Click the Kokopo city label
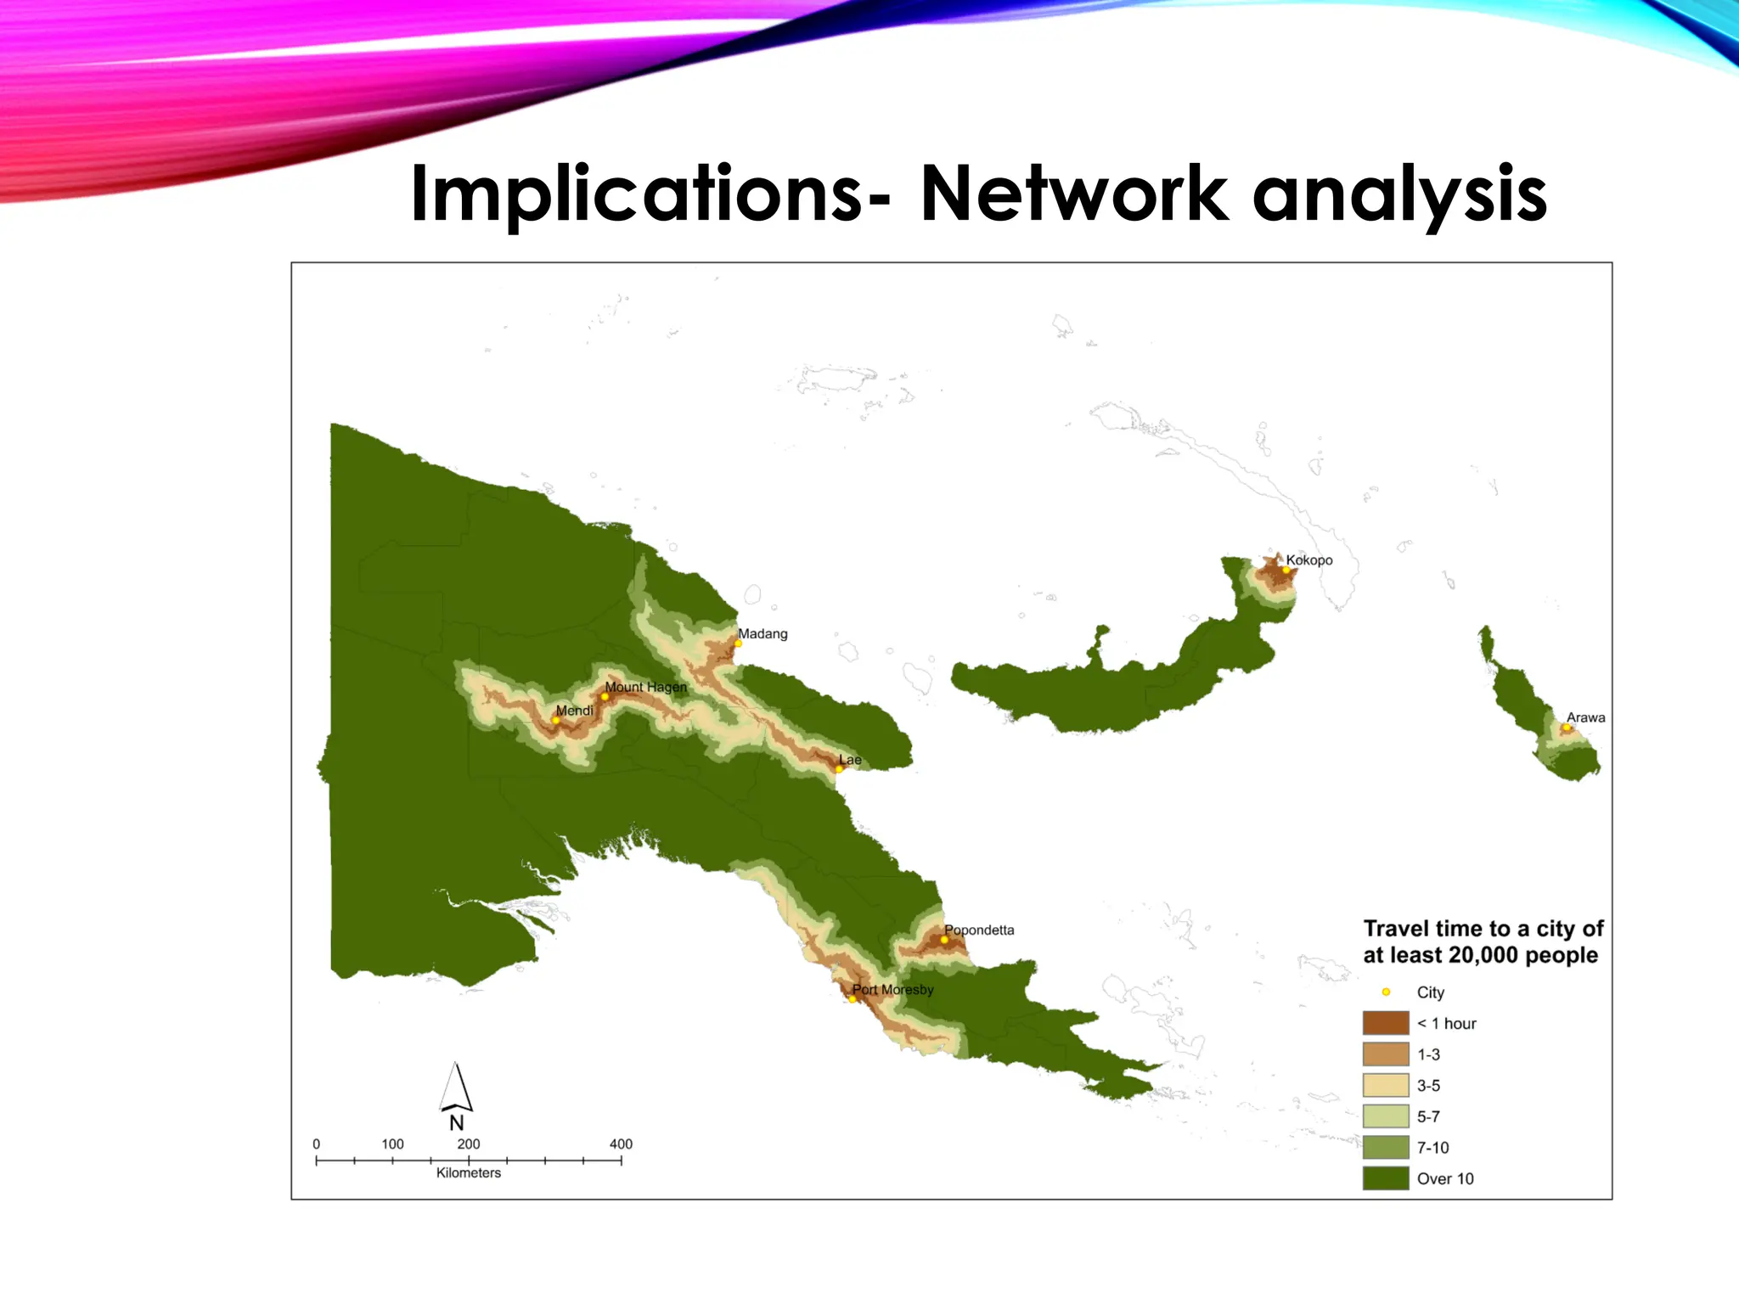click(x=1308, y=560)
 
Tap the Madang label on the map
click(x=763, y=634)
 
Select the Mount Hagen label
click(x=645, y=687)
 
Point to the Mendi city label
click(x=574, y=711)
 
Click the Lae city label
click(x=850, y=760)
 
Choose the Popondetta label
click(x=979, y=930)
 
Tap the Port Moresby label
click(x=892, y=990)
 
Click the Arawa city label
click(x=1585, y=718)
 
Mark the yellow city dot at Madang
click(x=738, y=644)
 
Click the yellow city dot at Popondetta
click(x=944, y=940)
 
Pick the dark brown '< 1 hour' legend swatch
click(x=1385, y=1023)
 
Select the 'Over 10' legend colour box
click(x=1385, y=1178)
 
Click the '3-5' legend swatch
click(x=1385, y=1086)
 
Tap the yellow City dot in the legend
click(x=1386, y=992)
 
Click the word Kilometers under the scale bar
click(x=469, y=1173)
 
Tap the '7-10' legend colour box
click(x=1385, y=1148)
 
